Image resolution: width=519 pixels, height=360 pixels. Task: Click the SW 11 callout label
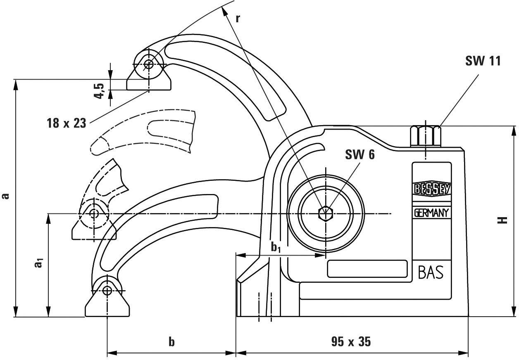point(483,61)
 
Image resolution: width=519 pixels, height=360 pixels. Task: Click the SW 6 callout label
point(360,156)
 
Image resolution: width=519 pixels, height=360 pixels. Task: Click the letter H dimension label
point(502,220)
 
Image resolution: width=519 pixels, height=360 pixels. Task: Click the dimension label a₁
point(38,263)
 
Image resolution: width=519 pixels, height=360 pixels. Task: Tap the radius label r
point(238,18)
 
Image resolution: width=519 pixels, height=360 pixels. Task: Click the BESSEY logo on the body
point(431,189)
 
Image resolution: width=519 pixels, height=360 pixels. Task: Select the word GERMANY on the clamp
point(431,213)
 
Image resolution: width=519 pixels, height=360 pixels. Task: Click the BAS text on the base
point(431,272)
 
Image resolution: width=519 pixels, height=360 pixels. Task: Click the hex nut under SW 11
point(425,136)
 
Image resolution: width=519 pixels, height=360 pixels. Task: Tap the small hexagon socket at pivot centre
point(326,213)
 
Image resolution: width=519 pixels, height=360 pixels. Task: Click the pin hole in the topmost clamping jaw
point(149,64)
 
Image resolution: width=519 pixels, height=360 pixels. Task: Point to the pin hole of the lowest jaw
point(107,290)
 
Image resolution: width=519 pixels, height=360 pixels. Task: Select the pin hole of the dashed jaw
point(94,213)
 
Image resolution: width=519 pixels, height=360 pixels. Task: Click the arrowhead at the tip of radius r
point(225,10)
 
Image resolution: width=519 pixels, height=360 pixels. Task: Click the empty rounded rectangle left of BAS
point(367,269)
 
